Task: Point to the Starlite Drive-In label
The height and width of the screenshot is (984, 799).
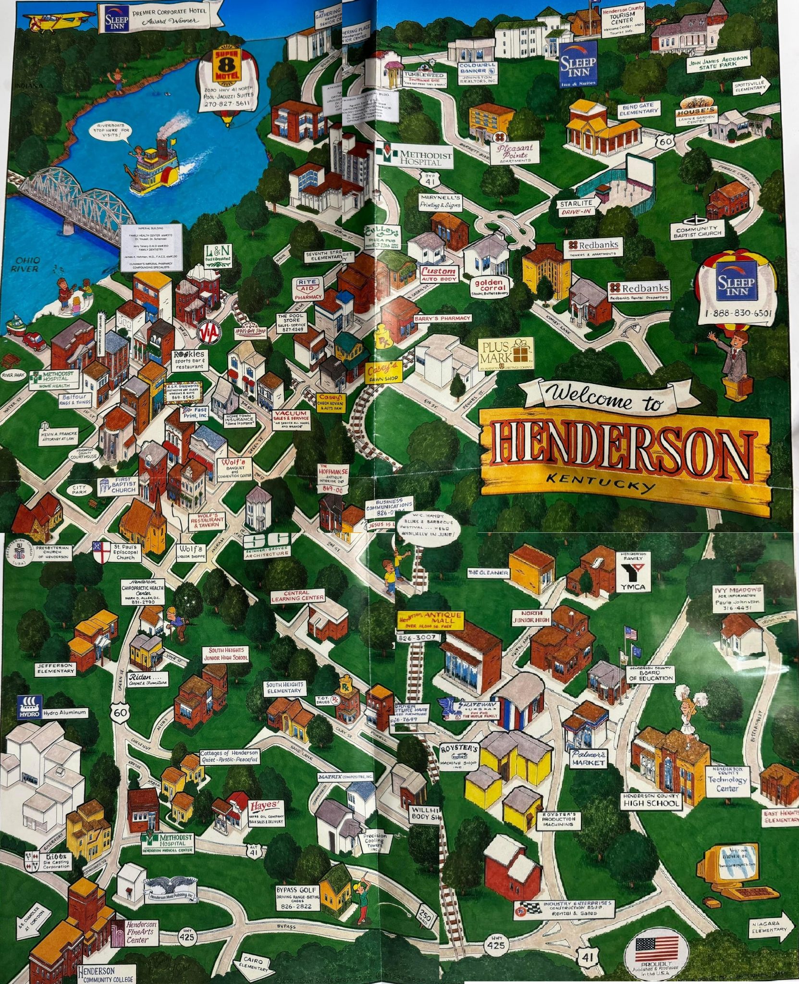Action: pyautogui.click(x=575, y=207)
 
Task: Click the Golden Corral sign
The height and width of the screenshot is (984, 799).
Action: pyautogui.click(x=489, y=287)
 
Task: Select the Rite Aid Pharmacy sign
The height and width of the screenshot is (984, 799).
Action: pyautogui.click(x=308, y=289)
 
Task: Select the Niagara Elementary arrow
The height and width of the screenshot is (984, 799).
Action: pyautogui.click(x=770, y=926)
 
